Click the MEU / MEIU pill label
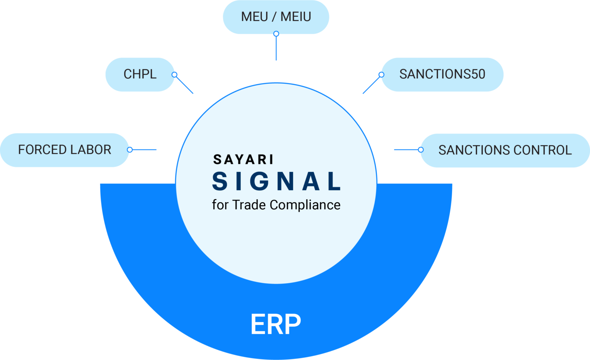point(276,17)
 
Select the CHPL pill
point(140,75)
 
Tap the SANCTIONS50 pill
point(442,75)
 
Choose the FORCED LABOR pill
point(65,150)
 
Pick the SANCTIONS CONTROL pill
point(505,150)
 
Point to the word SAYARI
point(244,159)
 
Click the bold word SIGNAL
point(276,181)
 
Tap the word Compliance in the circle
point(305,205)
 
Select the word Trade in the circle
point(249,205)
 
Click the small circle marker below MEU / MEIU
point(276,34)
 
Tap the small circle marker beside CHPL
point(174,75)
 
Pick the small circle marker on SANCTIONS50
point(381,75)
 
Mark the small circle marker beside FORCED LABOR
point(129,150)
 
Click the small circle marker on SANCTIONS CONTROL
point(421,150)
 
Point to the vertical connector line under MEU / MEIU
point(276,48)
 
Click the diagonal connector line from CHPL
point(185,85)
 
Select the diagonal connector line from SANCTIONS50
point(371,85)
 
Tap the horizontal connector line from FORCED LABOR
point(144,150)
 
